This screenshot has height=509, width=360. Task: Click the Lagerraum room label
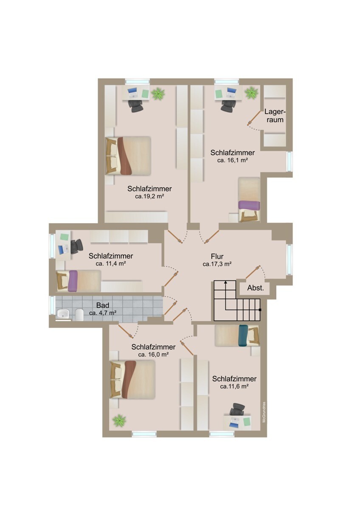click(x=274, y=116)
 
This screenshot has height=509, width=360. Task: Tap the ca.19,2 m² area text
click(x=150, y=197)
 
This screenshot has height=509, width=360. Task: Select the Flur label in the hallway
click(x=217, y=256)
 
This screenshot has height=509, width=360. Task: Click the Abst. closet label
click(x=256, y=288)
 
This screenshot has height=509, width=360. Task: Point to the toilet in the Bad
click(x=79, y=314)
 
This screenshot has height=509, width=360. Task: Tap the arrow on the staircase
click(x=226, y=283)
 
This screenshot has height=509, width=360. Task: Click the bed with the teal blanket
click(x=237, y=336)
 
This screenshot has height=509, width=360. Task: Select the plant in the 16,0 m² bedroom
click(x=119, y=420)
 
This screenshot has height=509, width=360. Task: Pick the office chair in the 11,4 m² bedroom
click(x=76, y=246)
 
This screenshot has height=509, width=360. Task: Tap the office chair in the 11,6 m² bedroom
click(x=236, y=410)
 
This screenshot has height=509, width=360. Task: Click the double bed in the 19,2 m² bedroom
click(x=128, y=156)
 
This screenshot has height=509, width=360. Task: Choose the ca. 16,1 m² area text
click(x=232, y=161)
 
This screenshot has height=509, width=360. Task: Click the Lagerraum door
click(x=254, y=118)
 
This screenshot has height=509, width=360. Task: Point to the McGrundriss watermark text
click(x=264, y=412)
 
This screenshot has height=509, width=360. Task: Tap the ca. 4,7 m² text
click(x=103, y=313)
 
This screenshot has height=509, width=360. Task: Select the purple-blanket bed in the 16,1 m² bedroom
click(x=249, y=199)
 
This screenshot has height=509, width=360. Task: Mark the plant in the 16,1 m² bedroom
click(x=251, y=92)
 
